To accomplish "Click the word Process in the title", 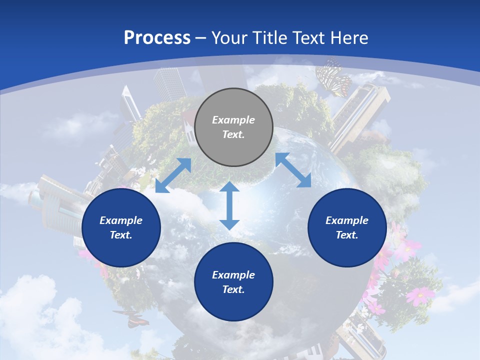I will [157, 38].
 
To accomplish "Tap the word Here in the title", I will [348, 38].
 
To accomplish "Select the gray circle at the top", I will [233, 127].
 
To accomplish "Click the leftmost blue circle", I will [121, 227].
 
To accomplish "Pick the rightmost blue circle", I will [347, 227].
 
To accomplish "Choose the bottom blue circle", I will [233, 282].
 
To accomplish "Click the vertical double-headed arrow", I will [229, 205].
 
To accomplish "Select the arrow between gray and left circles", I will [173, 175].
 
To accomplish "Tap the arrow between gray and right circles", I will [293, 170].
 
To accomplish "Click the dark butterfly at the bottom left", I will [130, 318].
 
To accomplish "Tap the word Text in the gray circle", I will [233, 135].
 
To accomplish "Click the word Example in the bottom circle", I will [233, 275].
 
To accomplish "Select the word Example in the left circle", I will [121, 220].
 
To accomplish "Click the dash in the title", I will [201, 38].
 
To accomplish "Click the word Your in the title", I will [230, 38].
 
